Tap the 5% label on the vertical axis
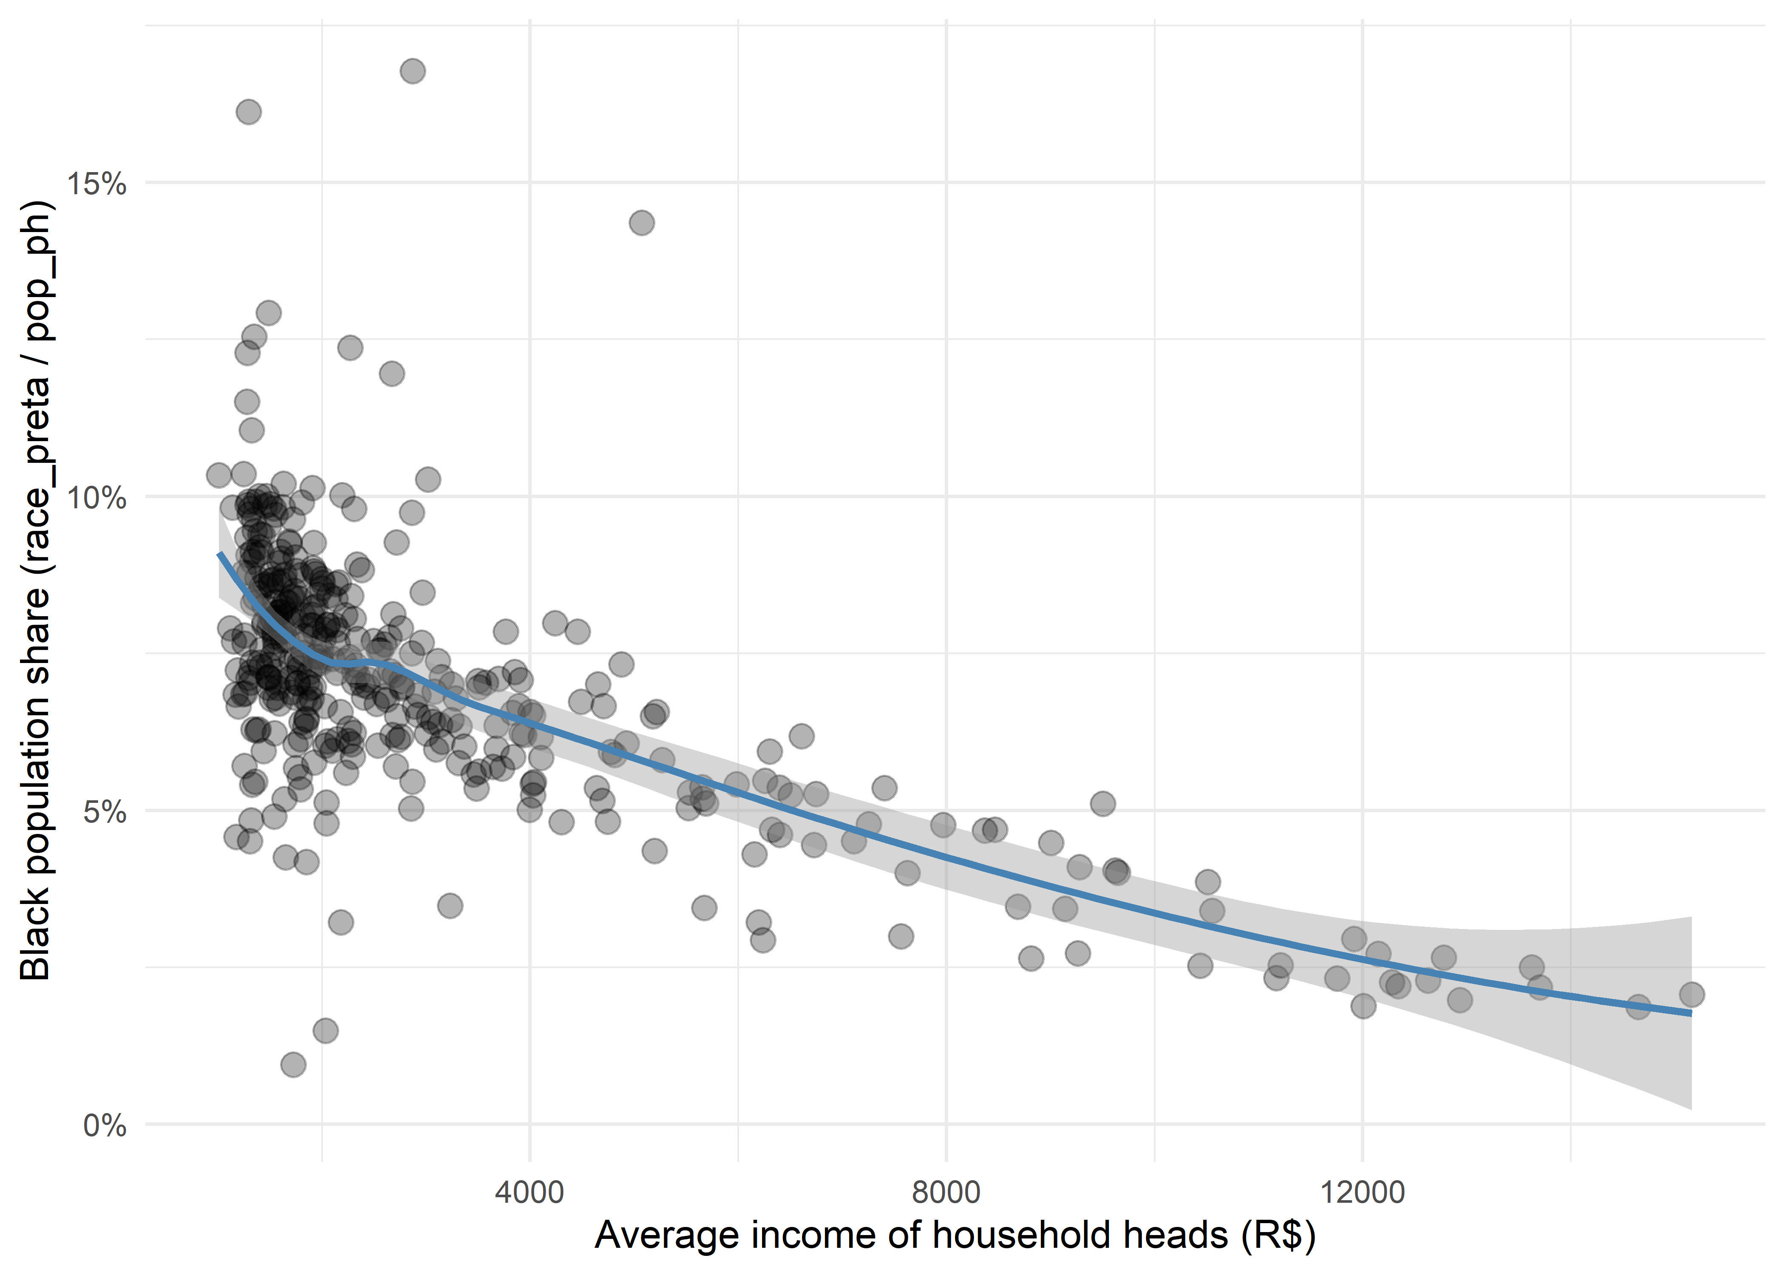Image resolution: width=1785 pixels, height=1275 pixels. (105, 812)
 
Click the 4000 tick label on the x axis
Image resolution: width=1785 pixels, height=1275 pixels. (530, 1192)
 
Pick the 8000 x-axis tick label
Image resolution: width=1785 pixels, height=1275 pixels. (946, 1192)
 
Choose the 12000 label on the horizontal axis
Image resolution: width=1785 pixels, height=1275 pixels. (1362, 1192)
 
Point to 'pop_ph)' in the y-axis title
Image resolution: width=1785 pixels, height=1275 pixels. (35, 271)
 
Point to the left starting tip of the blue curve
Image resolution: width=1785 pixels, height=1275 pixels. (220, 554)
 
